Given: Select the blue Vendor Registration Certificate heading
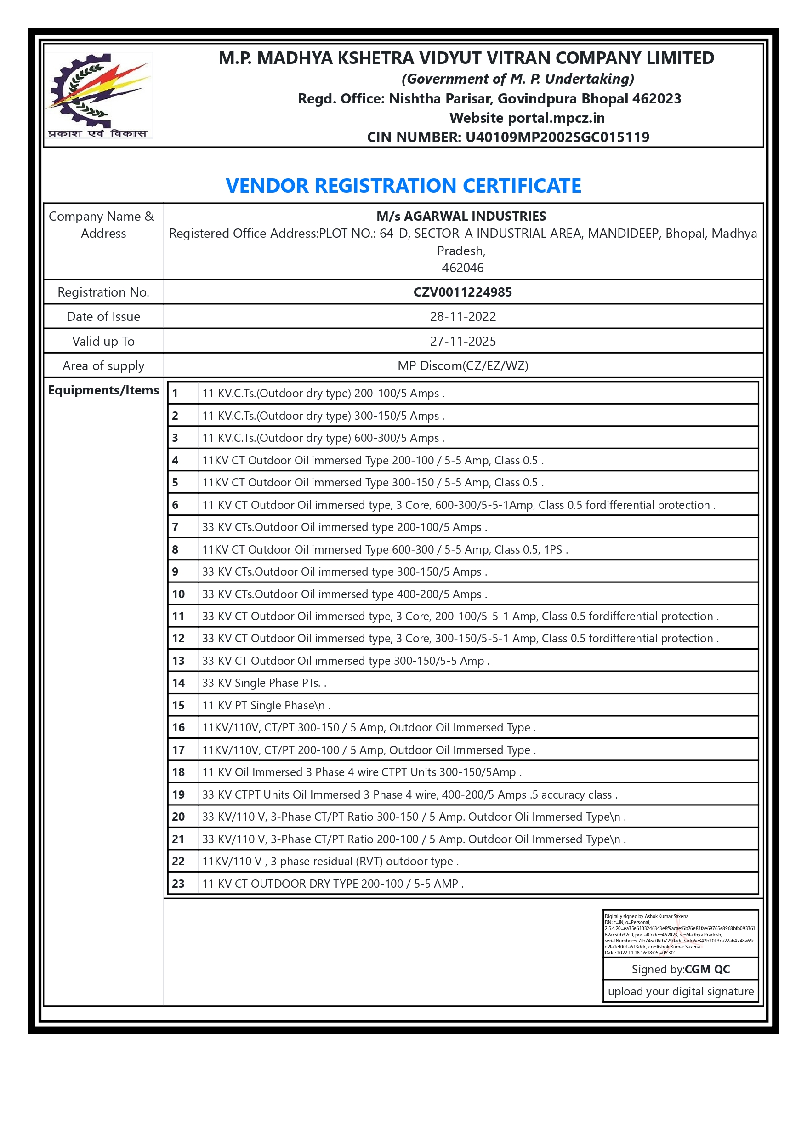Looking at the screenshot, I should [403, 186].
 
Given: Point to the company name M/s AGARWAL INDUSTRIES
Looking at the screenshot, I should [461, 217].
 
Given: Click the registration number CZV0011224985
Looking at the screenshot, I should [462, 292].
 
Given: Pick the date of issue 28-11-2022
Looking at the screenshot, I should [462, 316].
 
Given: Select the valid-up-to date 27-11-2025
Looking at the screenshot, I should [462, 341].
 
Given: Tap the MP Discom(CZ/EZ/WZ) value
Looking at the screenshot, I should [462, 365].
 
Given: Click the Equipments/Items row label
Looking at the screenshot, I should [103, 390].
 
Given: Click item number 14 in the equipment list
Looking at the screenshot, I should [178, 683].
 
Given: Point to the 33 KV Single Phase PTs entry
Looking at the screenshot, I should [263, 683].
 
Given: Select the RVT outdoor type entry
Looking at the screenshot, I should [330, 861].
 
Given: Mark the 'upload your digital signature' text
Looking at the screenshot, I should [680, 991].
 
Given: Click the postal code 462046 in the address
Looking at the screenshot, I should [462, 268].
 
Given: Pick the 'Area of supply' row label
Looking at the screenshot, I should [103, 365].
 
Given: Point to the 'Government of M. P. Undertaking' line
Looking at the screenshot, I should [517, 79].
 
